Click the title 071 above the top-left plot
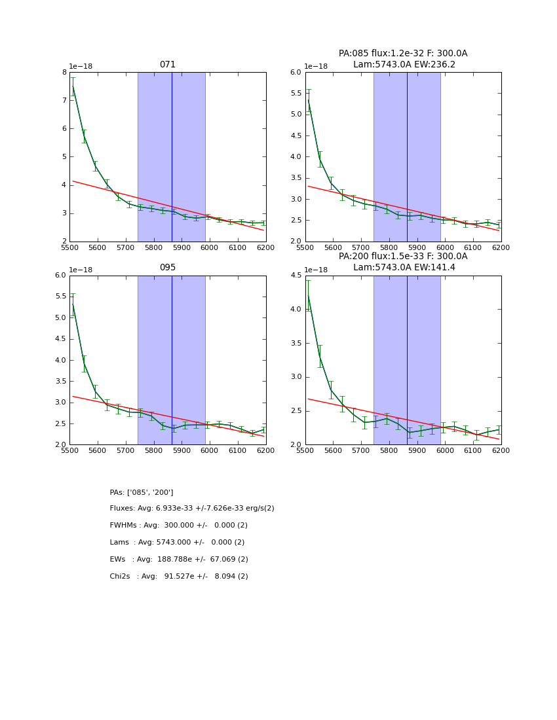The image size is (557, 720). (x=168, y=65)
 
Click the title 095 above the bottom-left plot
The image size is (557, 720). (x=168, y=268)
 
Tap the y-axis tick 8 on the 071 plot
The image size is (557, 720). (x=64, y=73)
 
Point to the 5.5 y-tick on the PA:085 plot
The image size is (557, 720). (x=296, y=94)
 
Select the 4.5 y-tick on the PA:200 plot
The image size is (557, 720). (x=296, y=276)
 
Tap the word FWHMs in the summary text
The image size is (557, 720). (x=123, y=526)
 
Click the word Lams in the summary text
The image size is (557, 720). (x=119, y=543)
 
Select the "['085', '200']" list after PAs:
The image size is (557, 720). (x=150, y=492)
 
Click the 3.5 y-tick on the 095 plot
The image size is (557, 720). (x=60, y=360)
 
